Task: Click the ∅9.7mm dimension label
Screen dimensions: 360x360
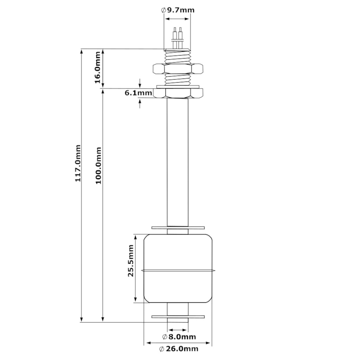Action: [178, 10]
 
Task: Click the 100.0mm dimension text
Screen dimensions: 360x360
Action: [98, 165]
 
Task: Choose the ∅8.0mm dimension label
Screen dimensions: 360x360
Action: [179, 337]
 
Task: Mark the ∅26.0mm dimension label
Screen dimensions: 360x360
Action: [178, 349]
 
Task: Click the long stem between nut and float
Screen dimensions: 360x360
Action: [178, 162]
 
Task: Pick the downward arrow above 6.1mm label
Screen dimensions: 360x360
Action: [140, 84]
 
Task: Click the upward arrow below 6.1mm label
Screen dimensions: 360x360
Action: [140, 103]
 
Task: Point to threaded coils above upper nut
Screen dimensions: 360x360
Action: [178, 56]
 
